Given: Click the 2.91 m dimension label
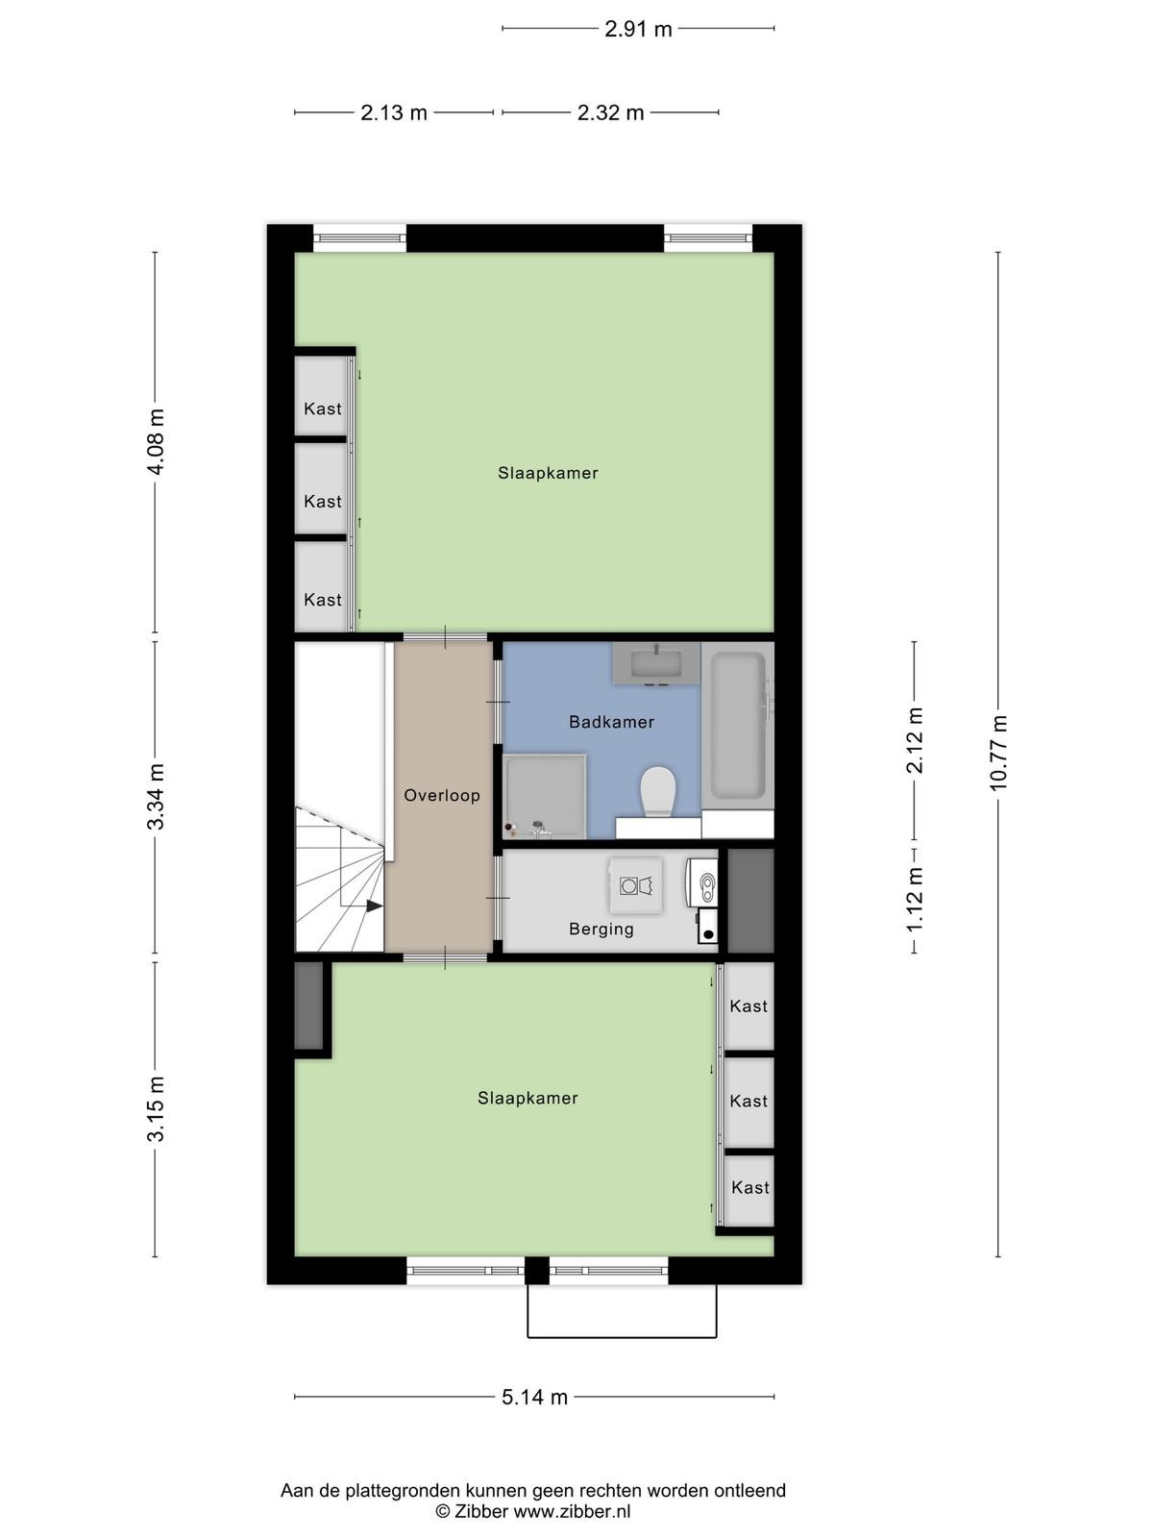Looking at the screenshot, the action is (638, 29).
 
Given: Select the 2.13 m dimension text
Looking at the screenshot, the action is (393, 112).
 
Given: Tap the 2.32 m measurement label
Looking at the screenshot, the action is (610, 112).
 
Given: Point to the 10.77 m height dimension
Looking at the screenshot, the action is (997, 753).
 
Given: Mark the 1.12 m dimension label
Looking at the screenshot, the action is (915, 900).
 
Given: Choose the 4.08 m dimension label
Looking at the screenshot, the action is (156, 441).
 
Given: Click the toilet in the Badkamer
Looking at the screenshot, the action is (658, 791).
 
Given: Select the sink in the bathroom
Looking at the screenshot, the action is (656, 662).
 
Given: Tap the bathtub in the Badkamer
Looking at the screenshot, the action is (738, 725).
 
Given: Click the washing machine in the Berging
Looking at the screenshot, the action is (636, 885).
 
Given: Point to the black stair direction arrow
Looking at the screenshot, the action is (374, 906).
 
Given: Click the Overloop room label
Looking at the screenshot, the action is (442, 795).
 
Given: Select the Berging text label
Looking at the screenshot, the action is (601, 930).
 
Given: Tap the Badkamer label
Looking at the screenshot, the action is (611, 722).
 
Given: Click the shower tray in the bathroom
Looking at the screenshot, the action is (545, 796).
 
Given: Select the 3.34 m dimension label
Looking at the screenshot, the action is (156, 797).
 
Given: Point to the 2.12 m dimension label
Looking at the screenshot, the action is (915, 740).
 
